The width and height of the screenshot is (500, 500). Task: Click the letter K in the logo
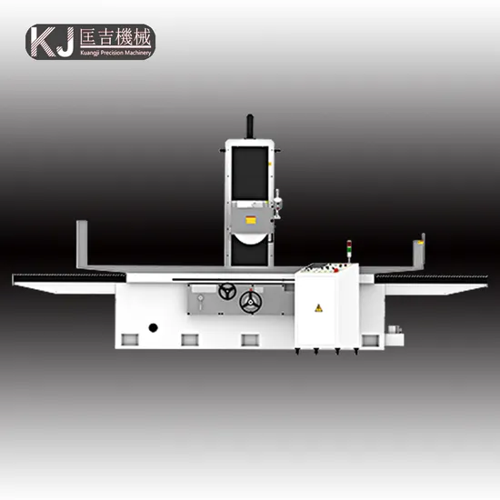point(43,42)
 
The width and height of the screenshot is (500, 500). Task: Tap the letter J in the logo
point(65,42)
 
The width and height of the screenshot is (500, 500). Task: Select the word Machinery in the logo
point(137,54)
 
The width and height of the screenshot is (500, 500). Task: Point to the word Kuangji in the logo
point(90,53)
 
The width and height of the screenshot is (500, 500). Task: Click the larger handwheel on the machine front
point(250,302)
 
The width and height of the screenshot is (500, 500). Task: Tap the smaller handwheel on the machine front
point(227,291)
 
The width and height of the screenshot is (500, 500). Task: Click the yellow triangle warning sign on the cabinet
point(318,308)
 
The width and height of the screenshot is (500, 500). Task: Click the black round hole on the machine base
point(154,327)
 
